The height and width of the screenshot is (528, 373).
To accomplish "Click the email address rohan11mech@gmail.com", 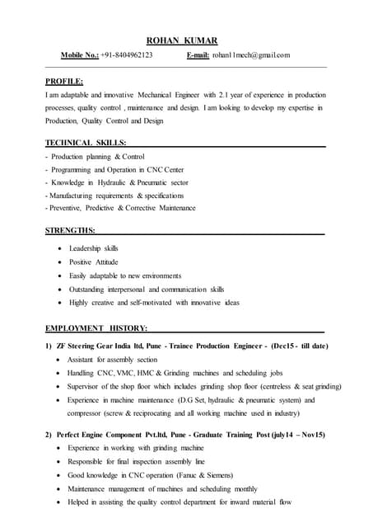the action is (250, 55).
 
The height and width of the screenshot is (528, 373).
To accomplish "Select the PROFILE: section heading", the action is (64, 81).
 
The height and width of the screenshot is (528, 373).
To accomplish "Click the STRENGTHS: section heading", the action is (70, 229).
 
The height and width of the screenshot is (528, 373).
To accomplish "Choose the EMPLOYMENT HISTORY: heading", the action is (97, 328).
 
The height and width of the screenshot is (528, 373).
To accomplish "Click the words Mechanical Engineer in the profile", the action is (162, 95).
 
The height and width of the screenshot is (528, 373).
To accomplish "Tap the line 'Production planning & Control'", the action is (98, 156).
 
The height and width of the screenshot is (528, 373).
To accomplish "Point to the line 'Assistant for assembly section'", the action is (113, 360).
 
